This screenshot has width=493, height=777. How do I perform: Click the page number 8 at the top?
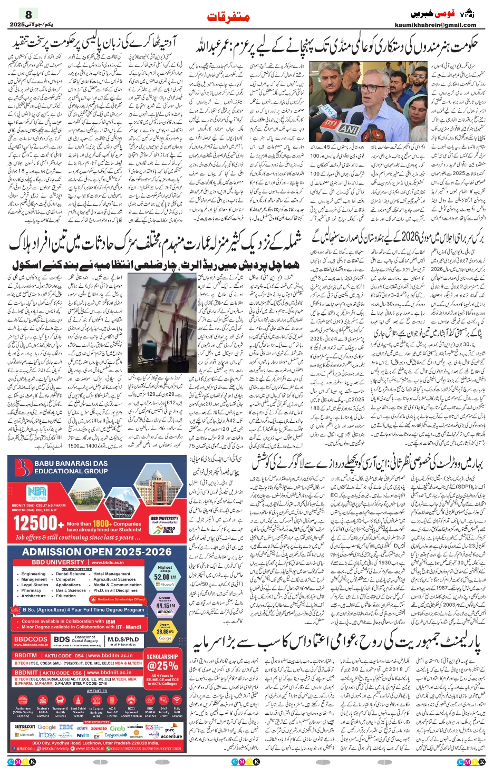[28, 14]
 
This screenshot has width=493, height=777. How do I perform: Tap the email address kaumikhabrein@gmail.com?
[435, 25]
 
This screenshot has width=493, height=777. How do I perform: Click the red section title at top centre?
[228, 17]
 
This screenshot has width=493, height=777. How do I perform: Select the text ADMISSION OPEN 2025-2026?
[97, 552]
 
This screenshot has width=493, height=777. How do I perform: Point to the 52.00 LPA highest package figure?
[165, 577]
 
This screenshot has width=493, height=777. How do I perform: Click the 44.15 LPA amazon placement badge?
[165, 606]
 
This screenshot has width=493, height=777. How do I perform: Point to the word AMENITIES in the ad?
[97, 691]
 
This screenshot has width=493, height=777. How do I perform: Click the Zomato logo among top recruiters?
[99, 728]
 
